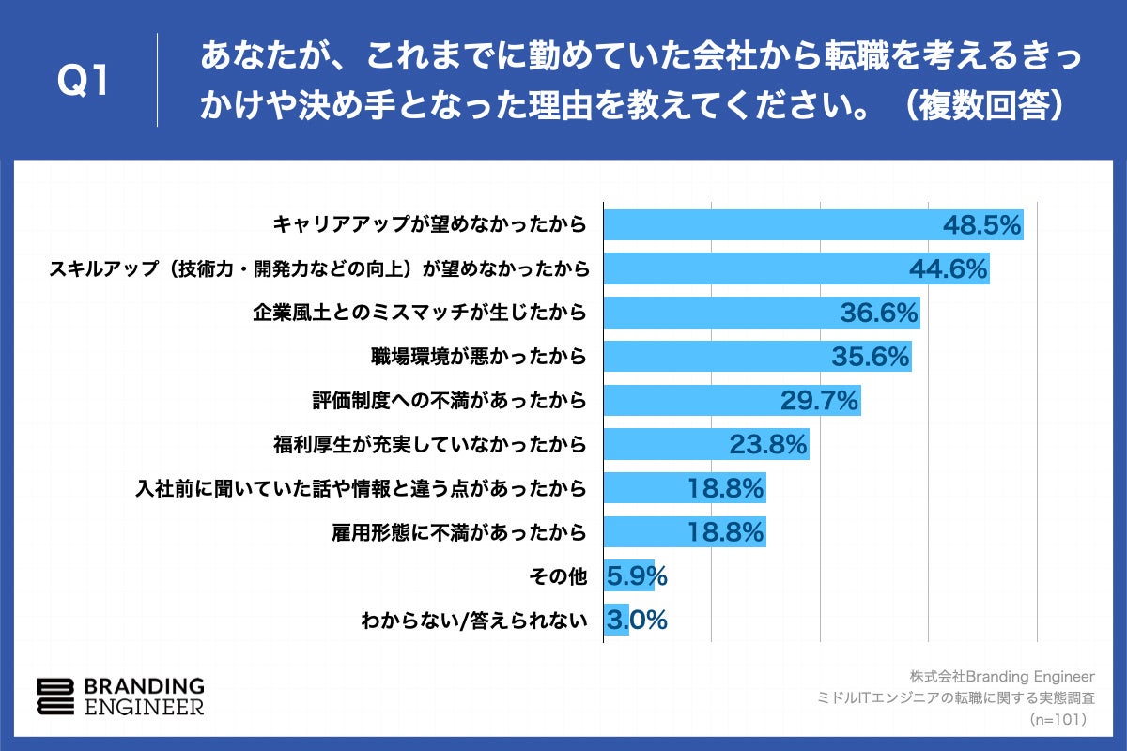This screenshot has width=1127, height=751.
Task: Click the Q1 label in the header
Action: point(84,82)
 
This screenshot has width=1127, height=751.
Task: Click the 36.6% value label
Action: point(878,313)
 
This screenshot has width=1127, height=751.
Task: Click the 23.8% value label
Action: point(768,445)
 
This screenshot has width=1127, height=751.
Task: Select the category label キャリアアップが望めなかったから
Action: point(429,224)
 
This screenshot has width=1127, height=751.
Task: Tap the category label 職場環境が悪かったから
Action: point(479,357)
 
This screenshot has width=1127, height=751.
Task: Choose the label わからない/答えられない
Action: point(474,621)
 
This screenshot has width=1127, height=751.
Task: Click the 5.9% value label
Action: point(637,576)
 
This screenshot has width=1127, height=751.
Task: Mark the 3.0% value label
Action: point(637,621)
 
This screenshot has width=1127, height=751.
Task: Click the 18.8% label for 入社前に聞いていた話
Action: point(726,488)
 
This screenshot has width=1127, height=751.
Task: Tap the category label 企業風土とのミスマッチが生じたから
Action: point(420,313)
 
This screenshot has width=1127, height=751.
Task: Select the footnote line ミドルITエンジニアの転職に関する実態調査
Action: point(957,697)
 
